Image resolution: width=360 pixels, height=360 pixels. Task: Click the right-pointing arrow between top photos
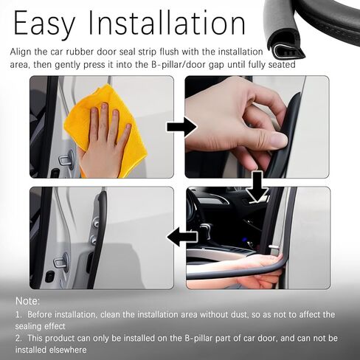point(181,127)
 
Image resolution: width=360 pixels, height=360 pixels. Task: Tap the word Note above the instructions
point(27,301)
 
